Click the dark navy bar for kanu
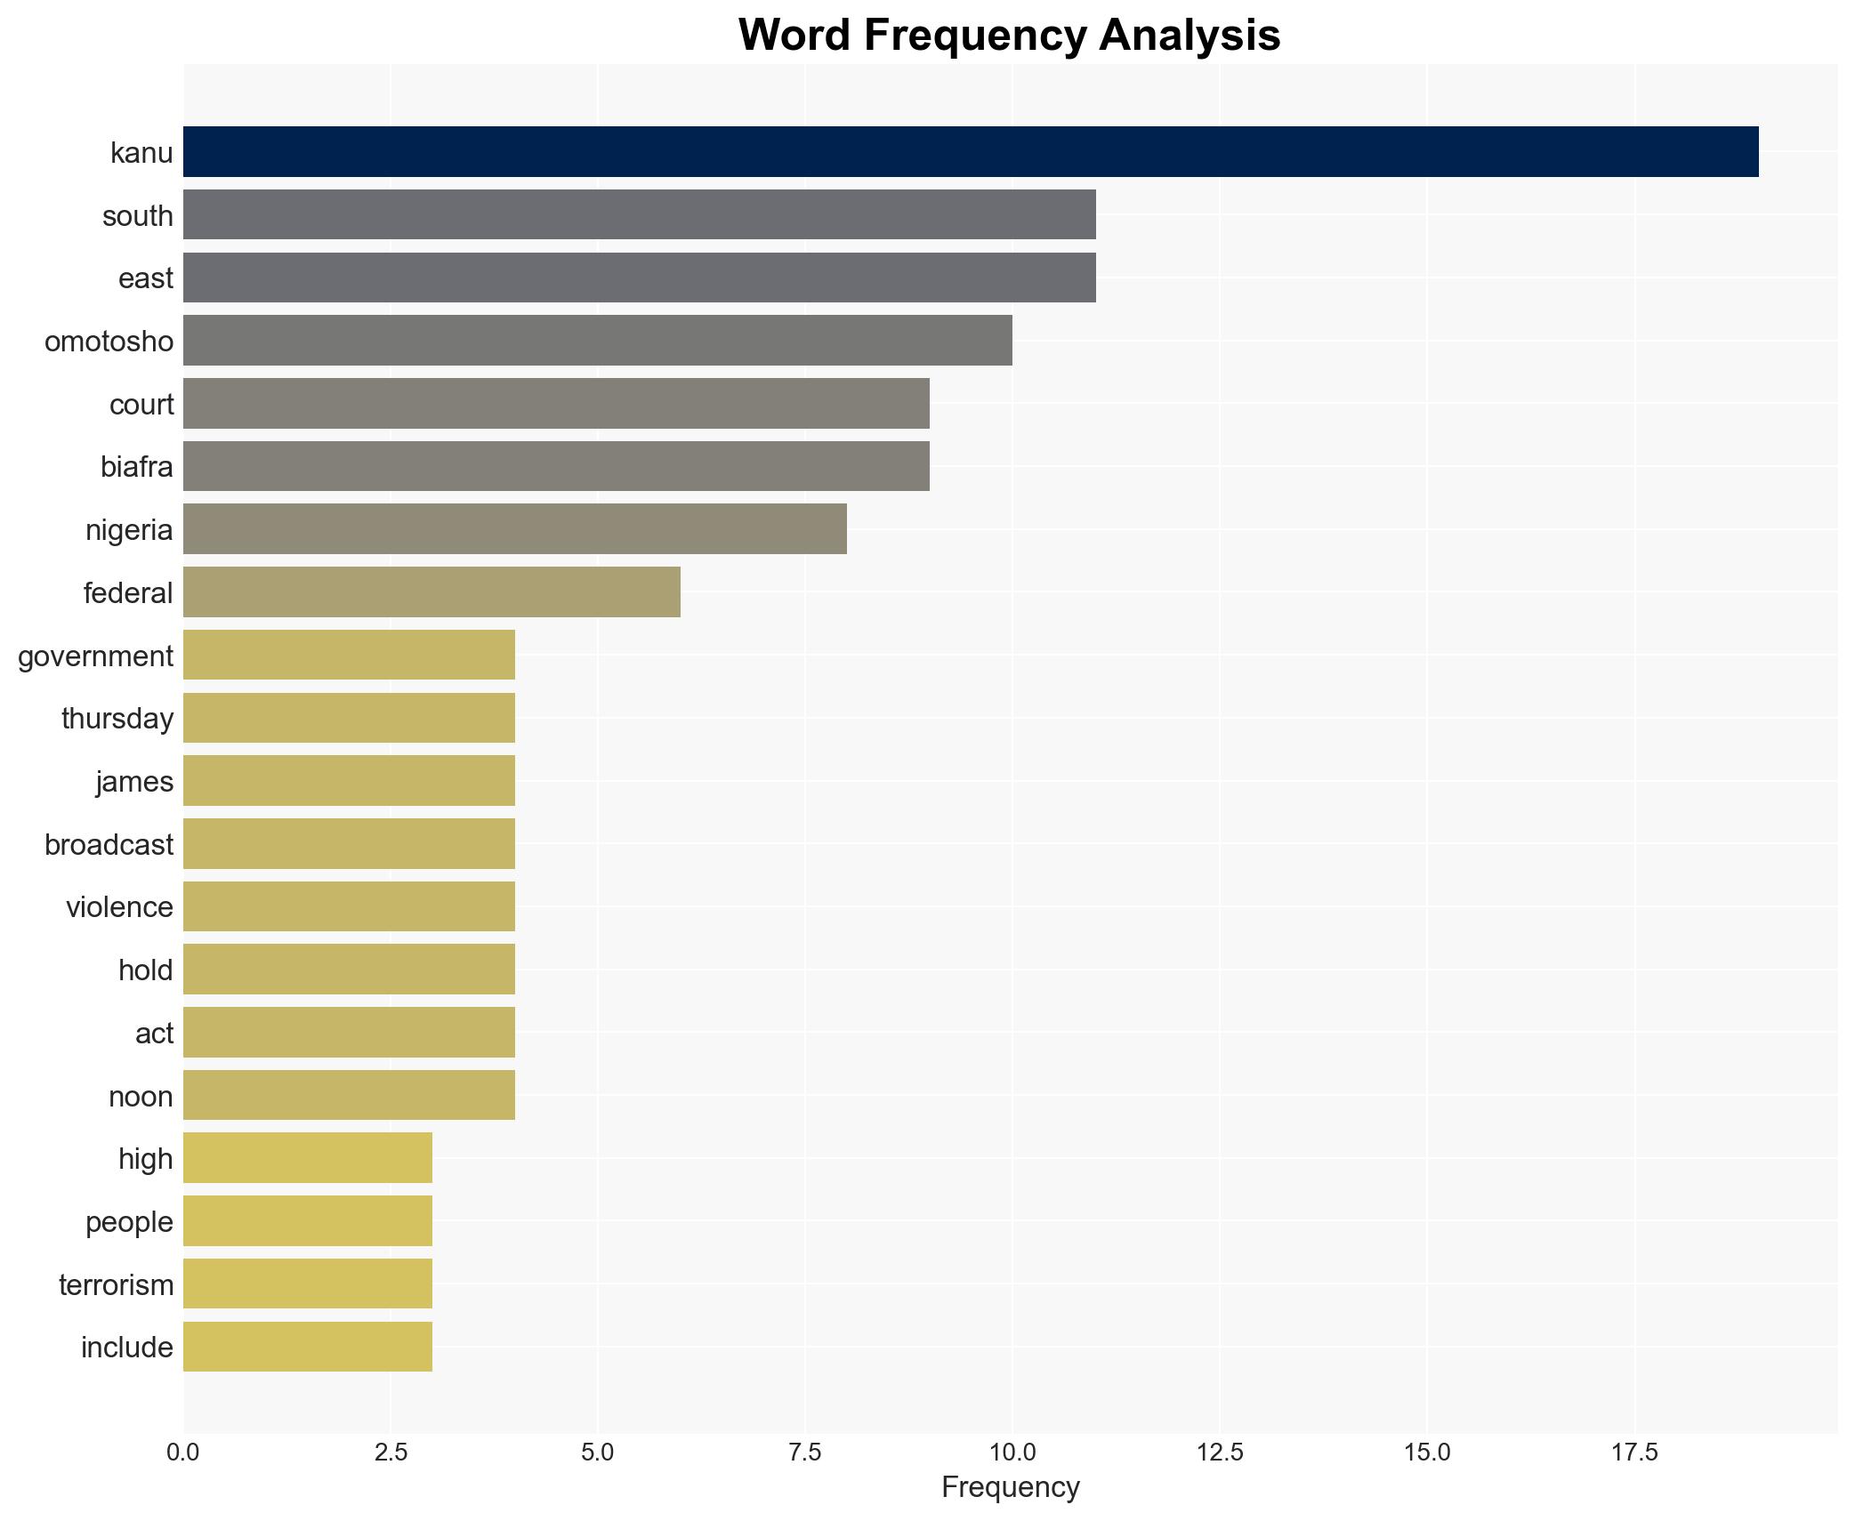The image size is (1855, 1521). pos(970,152)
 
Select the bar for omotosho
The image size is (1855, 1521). pos(597,341)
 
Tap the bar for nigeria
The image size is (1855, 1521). pos(514,529)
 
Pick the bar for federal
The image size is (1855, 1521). pos(431,592)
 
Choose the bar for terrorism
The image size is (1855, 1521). pos(307,1284)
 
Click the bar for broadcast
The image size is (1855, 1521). pos(349,843)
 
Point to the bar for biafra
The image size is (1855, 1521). pos(556,466)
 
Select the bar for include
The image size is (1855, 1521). pos(307,1347)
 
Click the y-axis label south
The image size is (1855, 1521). pos(137,216)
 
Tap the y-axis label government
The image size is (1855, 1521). pos(95,656)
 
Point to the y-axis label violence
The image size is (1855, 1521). pos(119,907)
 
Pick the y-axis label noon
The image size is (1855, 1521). pos(141,1096)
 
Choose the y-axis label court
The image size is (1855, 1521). pos(141,405)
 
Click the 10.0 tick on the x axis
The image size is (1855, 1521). pos(1012,1453)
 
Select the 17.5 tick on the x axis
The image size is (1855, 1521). pos(1634,1453)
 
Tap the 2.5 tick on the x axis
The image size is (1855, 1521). pos(391,1453)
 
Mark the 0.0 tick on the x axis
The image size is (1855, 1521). pos(183,1453)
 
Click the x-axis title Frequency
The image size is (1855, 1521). pos(1010,1487)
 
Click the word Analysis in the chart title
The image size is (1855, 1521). pos(1189,36)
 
